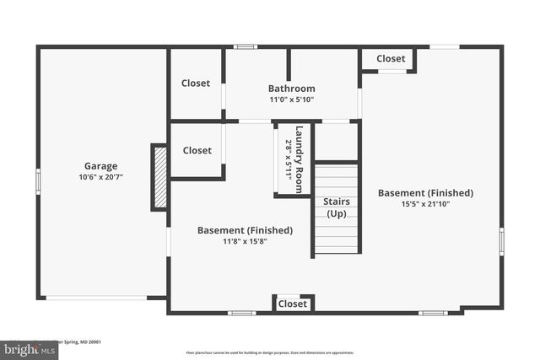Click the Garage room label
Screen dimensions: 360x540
click(100, 166)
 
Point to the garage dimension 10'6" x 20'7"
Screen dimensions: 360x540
click(100, 177)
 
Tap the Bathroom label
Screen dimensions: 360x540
click(292, 89)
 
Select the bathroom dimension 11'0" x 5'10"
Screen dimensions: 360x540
click(292, 99)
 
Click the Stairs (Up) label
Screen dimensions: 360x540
click(336, 207)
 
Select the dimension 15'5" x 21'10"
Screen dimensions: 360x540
click(425, 204)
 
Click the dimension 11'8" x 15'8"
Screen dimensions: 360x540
click(245, 241)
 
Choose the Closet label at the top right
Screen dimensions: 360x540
click(391, 59)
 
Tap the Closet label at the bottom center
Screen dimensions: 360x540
click(293, 304)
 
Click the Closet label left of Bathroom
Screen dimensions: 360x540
click(197, 83)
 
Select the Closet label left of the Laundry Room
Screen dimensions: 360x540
click(197, 150)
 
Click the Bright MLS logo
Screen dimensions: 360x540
click(26, 349)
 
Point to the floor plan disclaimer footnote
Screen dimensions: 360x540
click(269, 352)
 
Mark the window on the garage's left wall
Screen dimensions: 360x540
click(38, 181)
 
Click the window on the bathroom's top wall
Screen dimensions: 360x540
click(246, 46)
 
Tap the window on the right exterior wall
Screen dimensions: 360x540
click(501, 241)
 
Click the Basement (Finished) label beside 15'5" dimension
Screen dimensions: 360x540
click(425, 193)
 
